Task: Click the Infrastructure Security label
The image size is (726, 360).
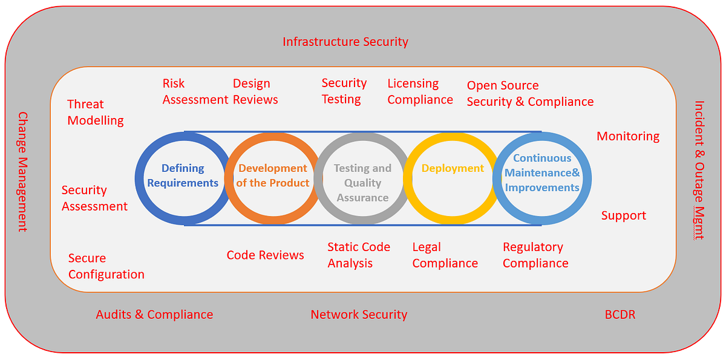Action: [345, 42]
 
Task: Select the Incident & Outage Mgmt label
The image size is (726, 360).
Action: [699, 170]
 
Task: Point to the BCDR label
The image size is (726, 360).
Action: [620, 314]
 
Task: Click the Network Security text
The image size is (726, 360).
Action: [359, 315]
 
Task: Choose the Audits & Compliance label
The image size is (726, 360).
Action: [154, 315]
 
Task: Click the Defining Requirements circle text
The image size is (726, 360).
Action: [183, 175]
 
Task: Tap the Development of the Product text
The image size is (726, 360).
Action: [273, 175]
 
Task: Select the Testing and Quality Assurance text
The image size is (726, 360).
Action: [362, 183]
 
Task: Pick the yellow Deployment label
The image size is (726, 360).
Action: [453, 168]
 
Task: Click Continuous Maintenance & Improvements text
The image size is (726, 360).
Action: [542, 172]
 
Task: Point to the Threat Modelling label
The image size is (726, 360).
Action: [96, 113]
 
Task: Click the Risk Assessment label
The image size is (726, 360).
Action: [195, 92]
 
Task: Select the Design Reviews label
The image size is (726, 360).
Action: [255, 92]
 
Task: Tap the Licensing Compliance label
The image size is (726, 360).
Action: [420, 92]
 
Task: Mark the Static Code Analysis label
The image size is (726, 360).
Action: [359, 255]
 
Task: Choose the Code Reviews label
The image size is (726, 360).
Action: [265, 255]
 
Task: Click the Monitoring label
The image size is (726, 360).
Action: [628, 136]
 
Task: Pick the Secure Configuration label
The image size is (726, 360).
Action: [106, 266]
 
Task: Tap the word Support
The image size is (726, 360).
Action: [624, 216]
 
